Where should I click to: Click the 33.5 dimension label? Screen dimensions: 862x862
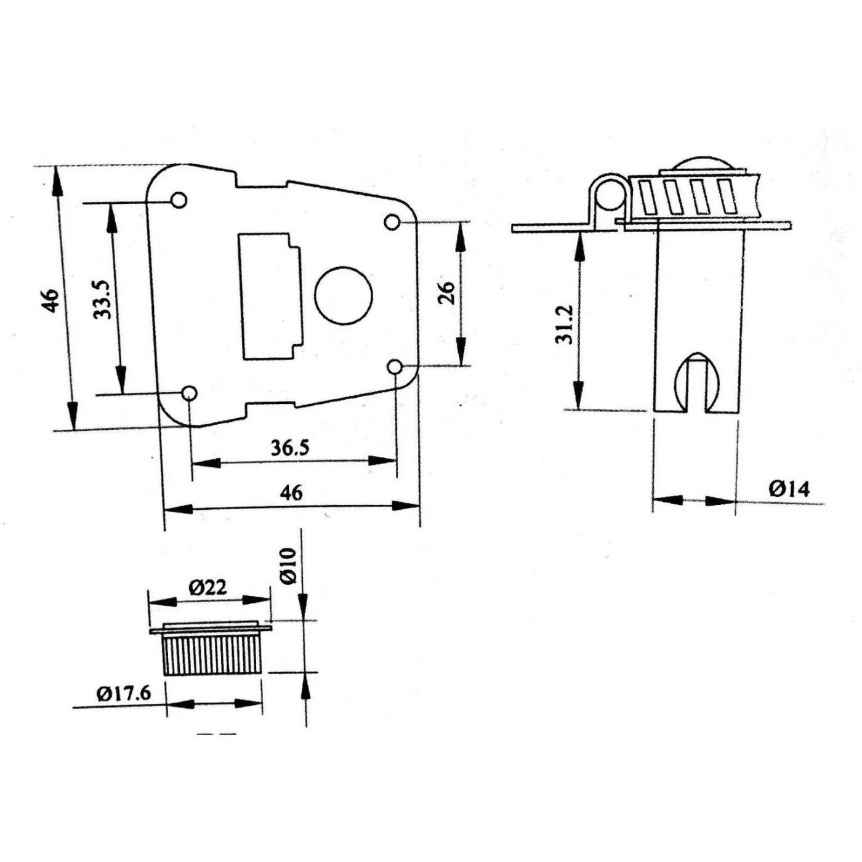tap(102, 299)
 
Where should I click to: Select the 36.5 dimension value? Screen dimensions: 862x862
tap(290, 448)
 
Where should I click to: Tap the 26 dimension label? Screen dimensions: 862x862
tap(447, 292)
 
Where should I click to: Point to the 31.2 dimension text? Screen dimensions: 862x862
tap(564, 324)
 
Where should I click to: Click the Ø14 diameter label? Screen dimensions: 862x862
tap(789, 489)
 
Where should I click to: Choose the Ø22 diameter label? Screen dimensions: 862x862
tap(207, 587)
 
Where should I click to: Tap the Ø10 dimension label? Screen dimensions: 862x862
tap(289, 565)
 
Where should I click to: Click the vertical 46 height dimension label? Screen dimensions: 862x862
tap(51, 300)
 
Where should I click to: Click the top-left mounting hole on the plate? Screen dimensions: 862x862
tap(179, 200)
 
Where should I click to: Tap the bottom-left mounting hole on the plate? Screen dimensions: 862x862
tap(189, 393)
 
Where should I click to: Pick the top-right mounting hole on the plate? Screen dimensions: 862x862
tap(392, 222)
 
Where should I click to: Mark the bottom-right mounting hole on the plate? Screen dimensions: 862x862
tap(394, 367)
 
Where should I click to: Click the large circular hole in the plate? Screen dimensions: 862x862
tap(344, 296)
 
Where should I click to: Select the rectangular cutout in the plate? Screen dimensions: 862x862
tap(270, 296)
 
